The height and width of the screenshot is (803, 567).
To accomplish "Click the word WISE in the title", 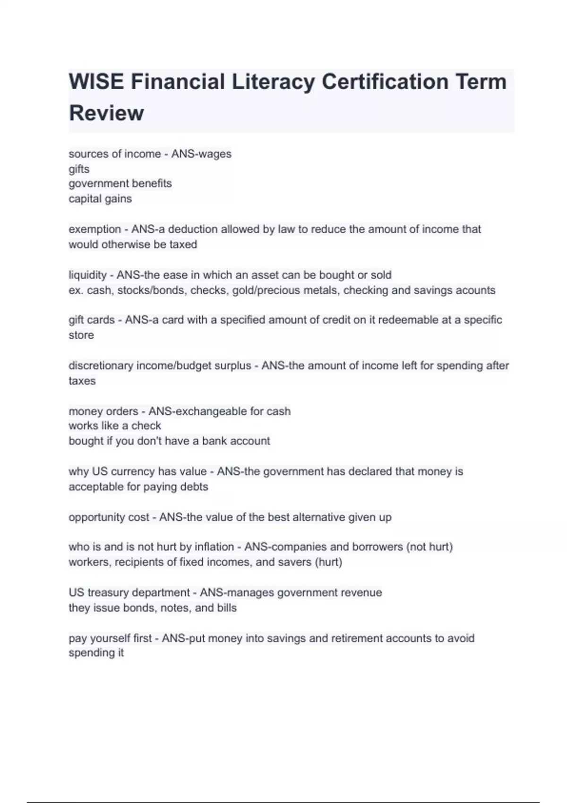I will click(x=96, y=82).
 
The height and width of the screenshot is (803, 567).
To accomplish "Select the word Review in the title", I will click(x=106, y=113).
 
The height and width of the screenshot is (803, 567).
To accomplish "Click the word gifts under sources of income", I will click(x=79, y=169).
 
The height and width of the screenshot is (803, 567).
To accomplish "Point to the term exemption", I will click(x=94, y=230).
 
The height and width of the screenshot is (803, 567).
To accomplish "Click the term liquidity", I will click(x=87, y=275).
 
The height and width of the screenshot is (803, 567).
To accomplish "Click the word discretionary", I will click(x=101, y=366).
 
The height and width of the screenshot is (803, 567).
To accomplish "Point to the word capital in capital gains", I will click(x=83, y=199).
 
